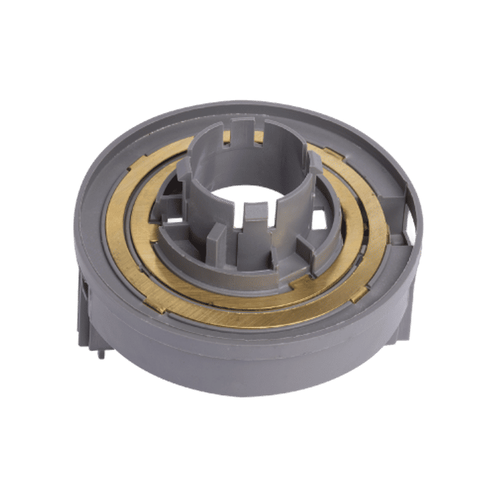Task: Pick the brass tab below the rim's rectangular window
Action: point(359,292)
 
